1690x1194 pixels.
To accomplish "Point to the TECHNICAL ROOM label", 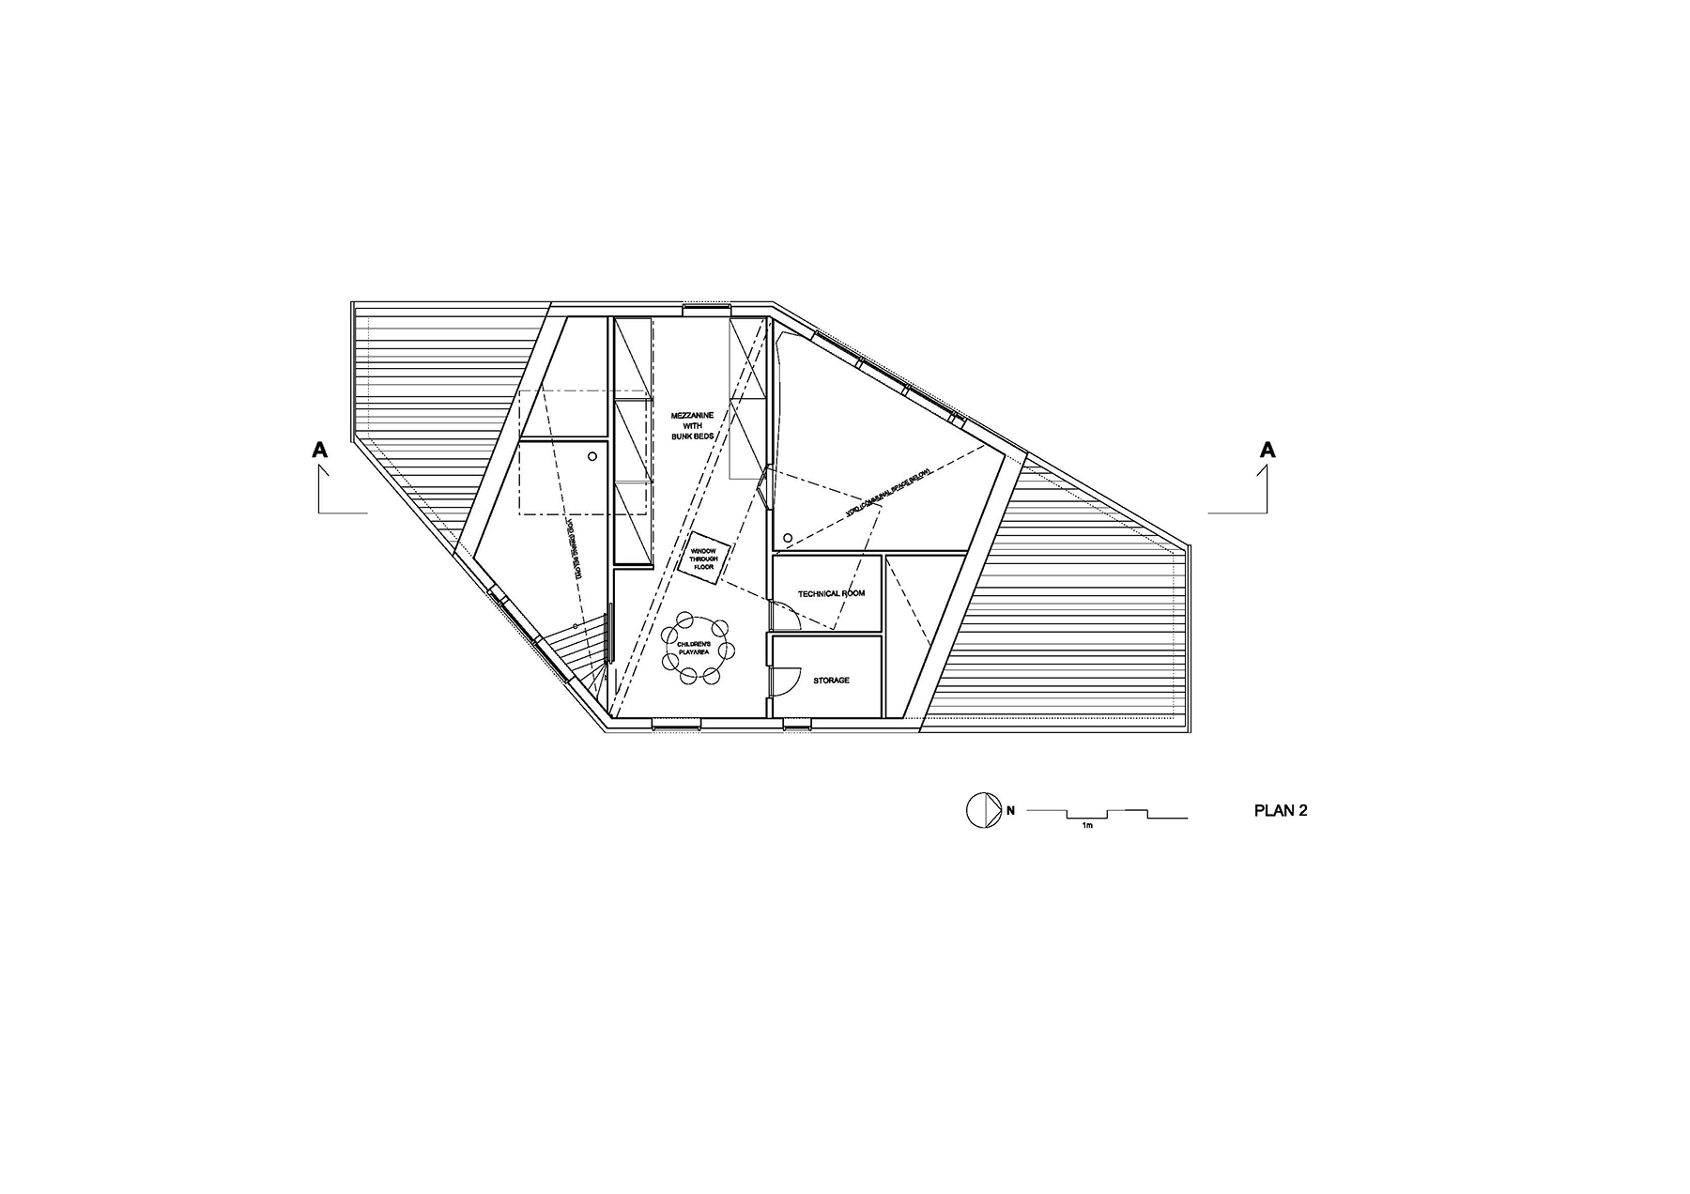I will pyautogui.click(x=831, y=593).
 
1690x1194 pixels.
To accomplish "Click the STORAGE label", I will pyautogui.click(x=831, y=680).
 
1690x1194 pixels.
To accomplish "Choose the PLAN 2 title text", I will pyautogui.click(x=1280, y=811).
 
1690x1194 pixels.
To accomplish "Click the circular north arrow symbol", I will pyautogui.click(x=979, y=810).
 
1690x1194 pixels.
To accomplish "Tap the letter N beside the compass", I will pyautogui.click(x=1010, y=810).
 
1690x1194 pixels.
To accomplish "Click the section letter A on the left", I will pyautogui.click(x=320, y=451).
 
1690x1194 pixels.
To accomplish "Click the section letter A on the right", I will pyautogui.click(x=1267, y=451).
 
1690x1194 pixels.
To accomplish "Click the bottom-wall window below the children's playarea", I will pyautogui.click(x=676, y=723).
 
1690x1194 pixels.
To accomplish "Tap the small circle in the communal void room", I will pyautogui.click(x=788, y=538).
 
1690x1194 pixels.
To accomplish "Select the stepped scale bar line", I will pyautogui.click(x=1108, y=813).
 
